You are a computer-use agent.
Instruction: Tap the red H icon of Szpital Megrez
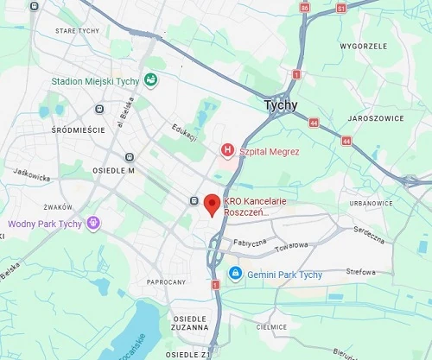coord(228,151)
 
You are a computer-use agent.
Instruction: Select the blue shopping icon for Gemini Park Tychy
coord(234,275)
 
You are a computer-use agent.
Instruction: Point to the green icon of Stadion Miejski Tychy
coord(151,80)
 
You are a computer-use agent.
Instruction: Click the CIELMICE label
coord(273,327)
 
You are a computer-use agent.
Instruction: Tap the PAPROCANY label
coord(166,282)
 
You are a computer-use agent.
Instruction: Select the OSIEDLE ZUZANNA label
coord(189,323)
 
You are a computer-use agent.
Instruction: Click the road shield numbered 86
coord(303,8)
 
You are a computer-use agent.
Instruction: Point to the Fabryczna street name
coord(250,243)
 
